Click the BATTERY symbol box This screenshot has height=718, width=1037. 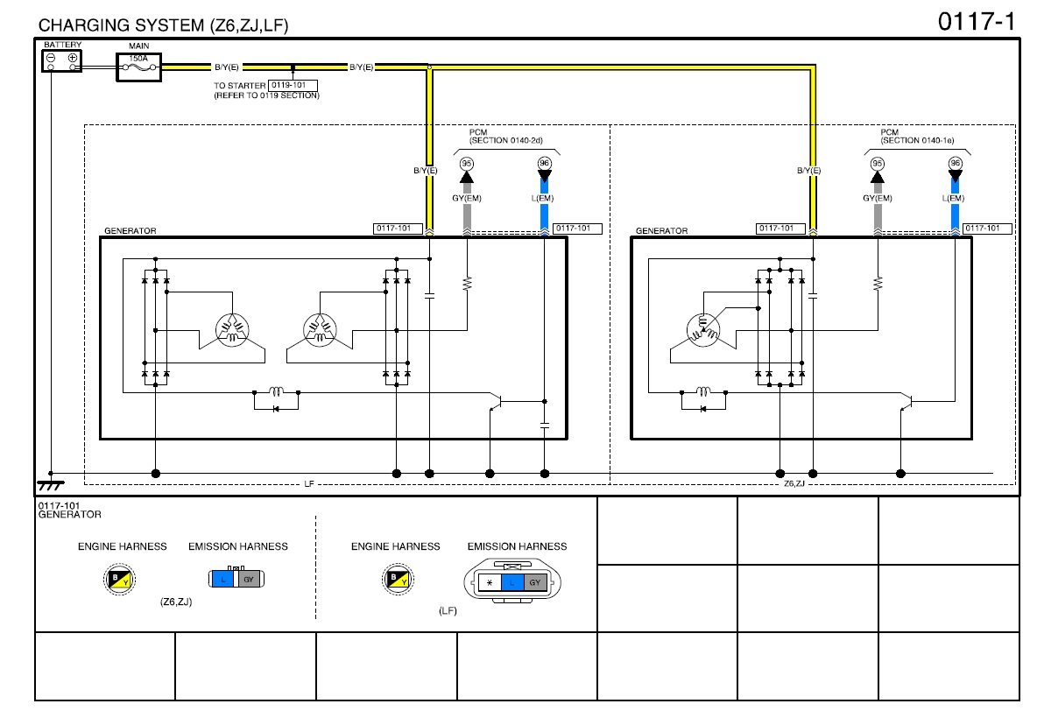[61, 60]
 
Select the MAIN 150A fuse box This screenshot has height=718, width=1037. [139, 67]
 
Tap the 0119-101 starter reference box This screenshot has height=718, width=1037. [293, 85]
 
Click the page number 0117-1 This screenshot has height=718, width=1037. [976, 22]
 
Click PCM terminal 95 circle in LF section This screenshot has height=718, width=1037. [467, 164]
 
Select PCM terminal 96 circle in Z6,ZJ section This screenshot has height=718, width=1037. [955, 163]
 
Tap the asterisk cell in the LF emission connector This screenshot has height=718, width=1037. [490, 582]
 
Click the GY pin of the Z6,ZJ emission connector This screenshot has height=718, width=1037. [249, 579]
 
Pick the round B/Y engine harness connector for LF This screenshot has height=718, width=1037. [399, 579]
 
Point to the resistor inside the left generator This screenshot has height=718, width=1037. [467, 283]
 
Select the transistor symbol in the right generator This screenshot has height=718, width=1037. [907, 402]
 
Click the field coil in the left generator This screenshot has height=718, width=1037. [276, 391]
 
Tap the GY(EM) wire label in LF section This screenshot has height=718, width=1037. [467, 198]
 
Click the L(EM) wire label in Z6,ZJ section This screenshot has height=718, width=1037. [953, 198]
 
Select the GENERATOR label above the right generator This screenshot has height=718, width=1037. [661, 231]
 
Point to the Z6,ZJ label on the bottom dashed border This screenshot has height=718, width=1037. [794, 484]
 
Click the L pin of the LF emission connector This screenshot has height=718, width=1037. [511, 582]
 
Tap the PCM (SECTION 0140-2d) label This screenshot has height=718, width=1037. [506, 137]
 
